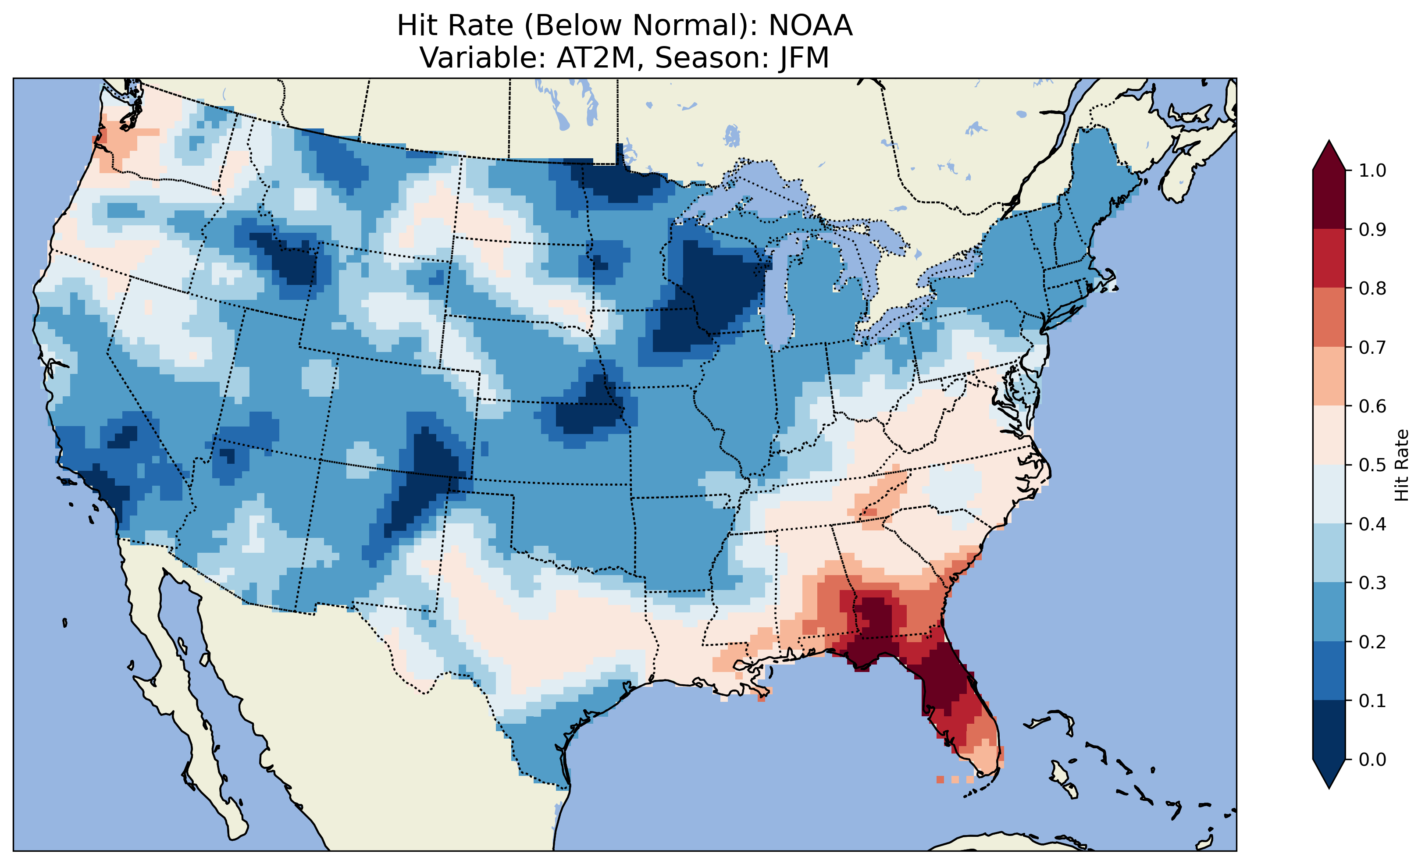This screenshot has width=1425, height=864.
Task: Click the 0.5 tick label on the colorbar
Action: tap(1372, 465)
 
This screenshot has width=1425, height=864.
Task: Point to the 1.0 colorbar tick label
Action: tap(1372, 171)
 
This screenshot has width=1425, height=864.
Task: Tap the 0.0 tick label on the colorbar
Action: tap(1372, 759)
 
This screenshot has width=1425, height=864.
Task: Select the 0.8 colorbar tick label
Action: tap(1372, 288)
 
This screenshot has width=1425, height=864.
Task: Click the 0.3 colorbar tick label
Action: tap(1372, 583)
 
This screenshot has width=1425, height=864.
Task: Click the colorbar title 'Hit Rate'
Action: tap(1401, 465)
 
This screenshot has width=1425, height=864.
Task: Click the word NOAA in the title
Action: tap(810, 26)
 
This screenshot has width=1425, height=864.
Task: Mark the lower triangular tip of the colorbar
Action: tap(1329, 786)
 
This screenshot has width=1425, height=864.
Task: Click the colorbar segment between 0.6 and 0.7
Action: tap(1329, 376)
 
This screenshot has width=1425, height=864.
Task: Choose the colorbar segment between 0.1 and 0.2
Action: tap(1329, 671)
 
